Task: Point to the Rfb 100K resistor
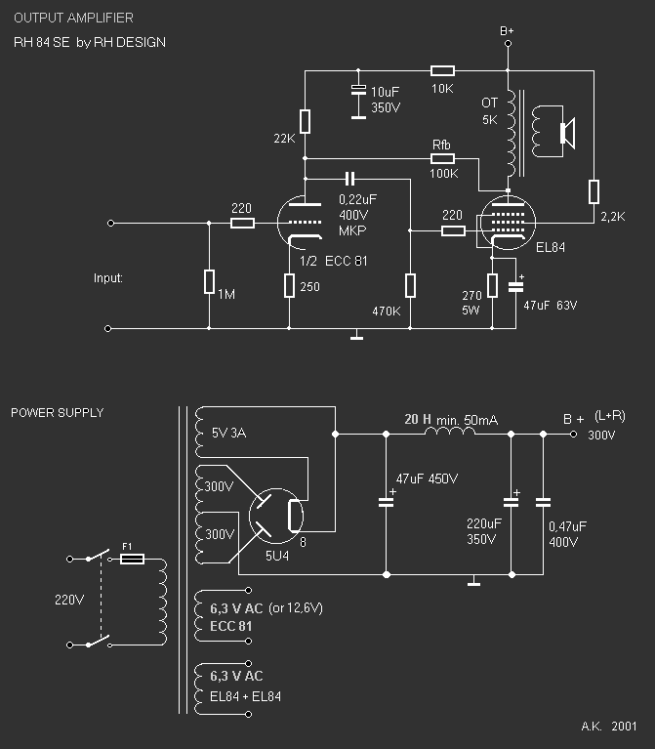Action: (442, 158)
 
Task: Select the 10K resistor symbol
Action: (442, 70)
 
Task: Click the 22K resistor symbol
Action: (305, 121)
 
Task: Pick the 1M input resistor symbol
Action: (209, 282)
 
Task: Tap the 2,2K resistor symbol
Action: (593, 191)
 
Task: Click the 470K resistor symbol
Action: (410, 285)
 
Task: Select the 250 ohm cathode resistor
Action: (290, 285)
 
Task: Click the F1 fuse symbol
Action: (132, 560)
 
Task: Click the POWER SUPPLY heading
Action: (57, 413)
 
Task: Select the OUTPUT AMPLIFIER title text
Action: (73, 19)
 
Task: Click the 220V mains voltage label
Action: (66, 601)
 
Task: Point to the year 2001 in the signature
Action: (624, 728)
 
